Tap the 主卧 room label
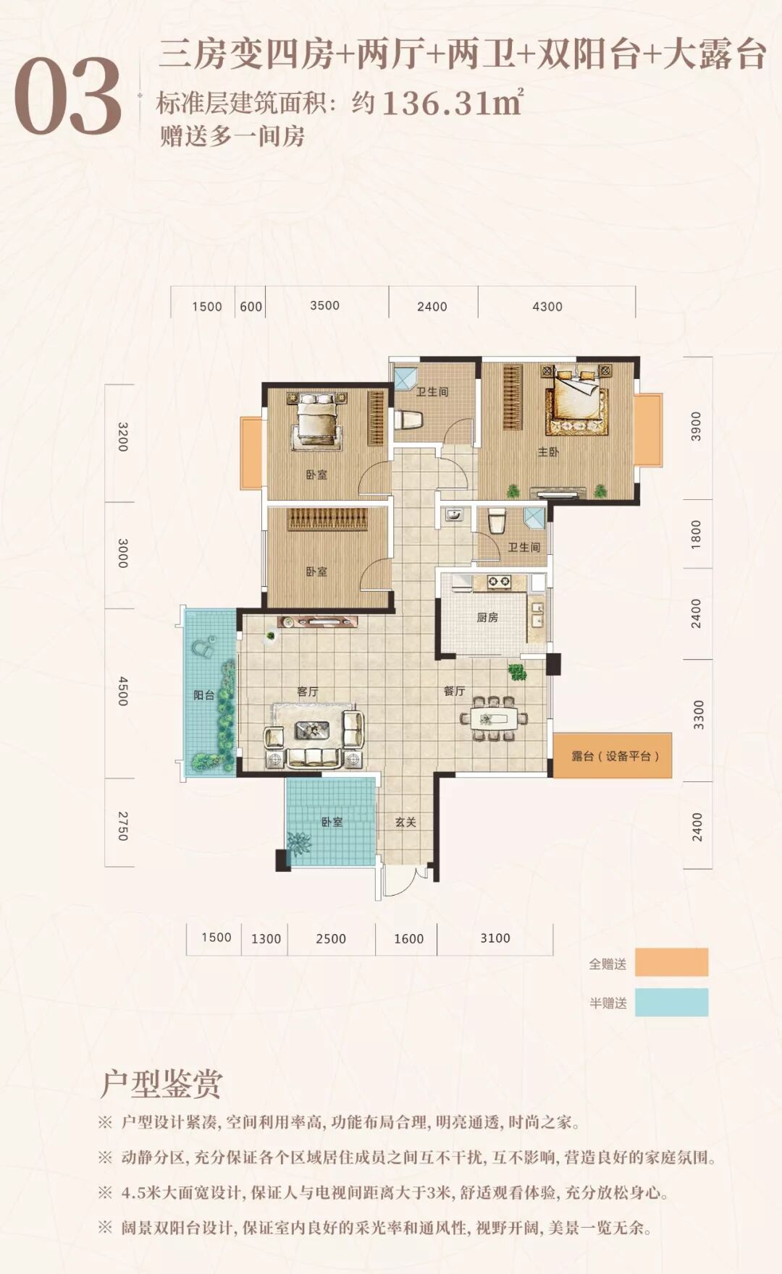pos(548,452)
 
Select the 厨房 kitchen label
pos(487,617)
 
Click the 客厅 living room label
pos(308,692)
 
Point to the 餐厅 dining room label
pos(454,691)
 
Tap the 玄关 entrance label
pos(405,822)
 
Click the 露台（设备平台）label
pos(615,756)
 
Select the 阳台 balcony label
pos(203,695)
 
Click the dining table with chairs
pos(494,719)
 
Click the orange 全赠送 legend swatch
pos(671,962)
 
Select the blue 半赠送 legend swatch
pos(671,1003)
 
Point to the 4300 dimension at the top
pos(547,307)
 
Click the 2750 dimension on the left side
pos(122,825)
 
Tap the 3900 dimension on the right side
pos(696,426)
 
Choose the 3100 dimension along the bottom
pos(495,938)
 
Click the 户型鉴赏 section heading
pos(161,1084)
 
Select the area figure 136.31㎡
pos(452,103)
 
